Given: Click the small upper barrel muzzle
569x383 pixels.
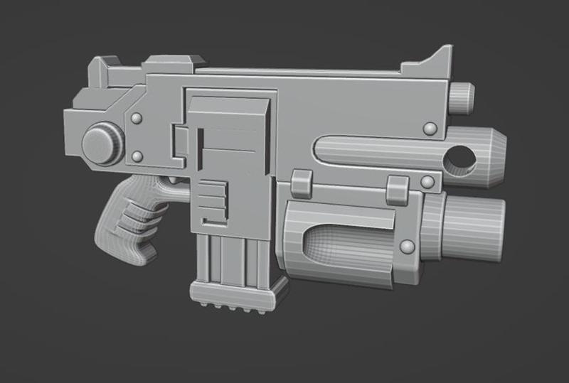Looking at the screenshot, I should [463, 97].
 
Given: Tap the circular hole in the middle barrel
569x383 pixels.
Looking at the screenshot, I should [459, 159].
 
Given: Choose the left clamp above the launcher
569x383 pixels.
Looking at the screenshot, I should [301, 183].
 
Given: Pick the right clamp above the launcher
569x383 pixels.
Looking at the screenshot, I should [397, 185].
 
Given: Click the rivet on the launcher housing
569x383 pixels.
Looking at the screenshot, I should [408, 247].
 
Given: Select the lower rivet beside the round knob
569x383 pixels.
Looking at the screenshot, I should [137, 156].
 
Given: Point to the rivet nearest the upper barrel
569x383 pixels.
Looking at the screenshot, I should [430, 128].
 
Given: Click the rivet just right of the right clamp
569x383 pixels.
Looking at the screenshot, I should [427, 183].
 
